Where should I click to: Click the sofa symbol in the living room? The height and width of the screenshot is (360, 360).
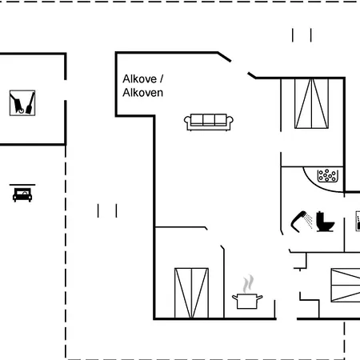click(x=209, y=122)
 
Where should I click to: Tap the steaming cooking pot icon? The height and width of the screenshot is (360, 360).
click(x=247, y=293)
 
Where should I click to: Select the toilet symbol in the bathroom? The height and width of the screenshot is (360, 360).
click(x=325, y=222)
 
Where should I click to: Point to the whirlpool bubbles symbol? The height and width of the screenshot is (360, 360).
click(x=328, y=176)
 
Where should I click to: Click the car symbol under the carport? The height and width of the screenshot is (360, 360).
click(x=22, y=195)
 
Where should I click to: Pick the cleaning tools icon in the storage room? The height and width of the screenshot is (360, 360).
click(x=22, y=103)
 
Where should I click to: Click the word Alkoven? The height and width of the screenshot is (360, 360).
click(x=142, y=93)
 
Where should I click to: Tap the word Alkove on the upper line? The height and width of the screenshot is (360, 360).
click(x=139, y=79)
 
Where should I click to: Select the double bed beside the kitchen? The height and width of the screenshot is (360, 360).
click(x=191, y=293)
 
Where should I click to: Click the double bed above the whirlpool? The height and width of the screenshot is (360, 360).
click(x=311, y=103)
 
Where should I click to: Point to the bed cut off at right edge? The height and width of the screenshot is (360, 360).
click(x=346, y=285)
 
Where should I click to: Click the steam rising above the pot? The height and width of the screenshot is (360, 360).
click(x=248, y=284)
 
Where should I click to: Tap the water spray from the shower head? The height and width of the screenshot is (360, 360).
click(x=309, y=221)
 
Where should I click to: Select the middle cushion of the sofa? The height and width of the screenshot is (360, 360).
click(x=209, y=119)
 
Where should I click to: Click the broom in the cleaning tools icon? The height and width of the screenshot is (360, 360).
click(x=30, y=103)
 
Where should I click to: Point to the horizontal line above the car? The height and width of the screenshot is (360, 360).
click(x=22, y=185)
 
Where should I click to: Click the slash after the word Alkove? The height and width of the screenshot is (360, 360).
click(x=162, y=79)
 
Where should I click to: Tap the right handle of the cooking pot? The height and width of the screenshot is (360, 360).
click(x=259, y=297)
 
